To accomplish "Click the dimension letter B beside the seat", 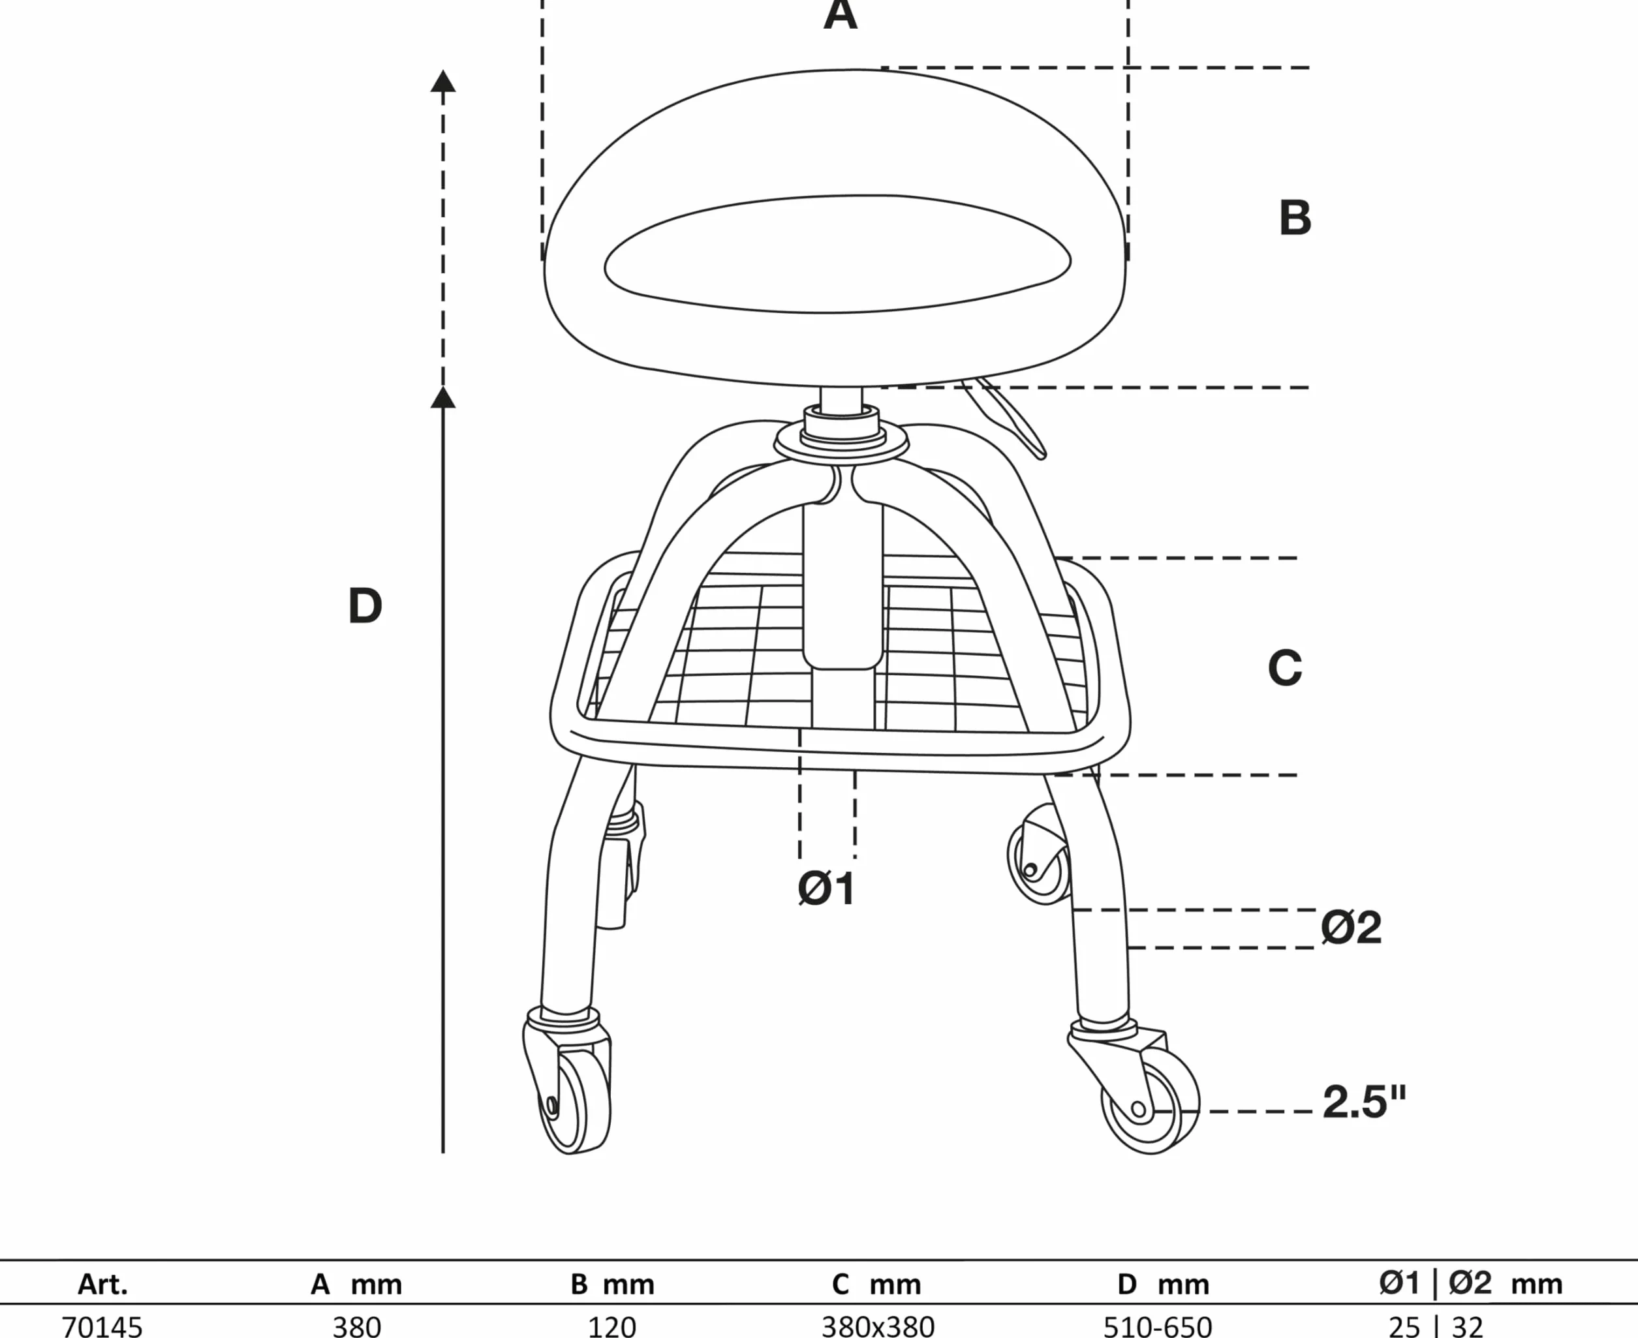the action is (1295, 217).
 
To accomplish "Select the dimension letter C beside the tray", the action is (1285, 667).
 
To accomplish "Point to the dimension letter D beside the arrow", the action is (365, 606).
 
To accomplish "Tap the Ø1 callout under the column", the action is (826, 889).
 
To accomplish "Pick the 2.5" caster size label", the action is (1365, 1102).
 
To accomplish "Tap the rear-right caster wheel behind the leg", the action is (1038, 855).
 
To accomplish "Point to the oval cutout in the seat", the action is (838, 254).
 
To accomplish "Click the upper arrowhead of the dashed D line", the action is (442, 81).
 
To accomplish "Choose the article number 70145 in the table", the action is (102, 1326).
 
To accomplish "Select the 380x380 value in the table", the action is (878, 1326).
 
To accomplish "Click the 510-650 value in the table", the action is (1158, 1326).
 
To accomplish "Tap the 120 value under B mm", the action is (612, 1326).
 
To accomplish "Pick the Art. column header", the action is (102, 1284).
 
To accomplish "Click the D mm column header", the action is (1163, 1284).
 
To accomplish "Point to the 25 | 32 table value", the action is (1435, 1326).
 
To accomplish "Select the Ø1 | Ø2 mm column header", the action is (1471, 1283).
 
